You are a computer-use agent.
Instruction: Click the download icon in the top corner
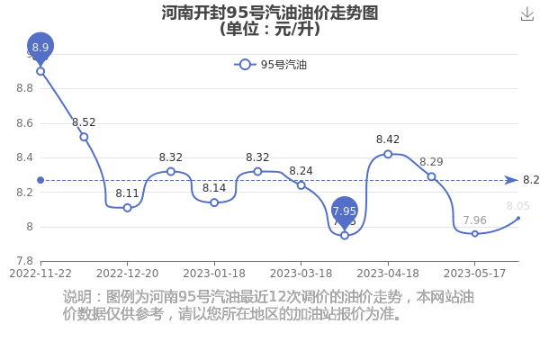(527, 14)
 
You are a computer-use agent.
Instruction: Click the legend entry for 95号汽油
(270, 65)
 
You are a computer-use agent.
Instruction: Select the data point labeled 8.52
(84, 137)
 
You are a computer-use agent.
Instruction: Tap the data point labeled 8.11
(128, 208)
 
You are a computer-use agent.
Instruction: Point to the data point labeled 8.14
(214, 202)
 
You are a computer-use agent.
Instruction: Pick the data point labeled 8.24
(301, 185)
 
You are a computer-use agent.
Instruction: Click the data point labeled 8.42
(388, 154)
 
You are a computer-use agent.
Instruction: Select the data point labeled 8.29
(431, 176)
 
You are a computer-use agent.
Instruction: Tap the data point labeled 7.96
(475, 234)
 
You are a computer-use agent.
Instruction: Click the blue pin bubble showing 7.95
(345, 211)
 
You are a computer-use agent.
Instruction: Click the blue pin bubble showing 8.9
(40, 47)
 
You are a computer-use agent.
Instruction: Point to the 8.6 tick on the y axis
(25, 123)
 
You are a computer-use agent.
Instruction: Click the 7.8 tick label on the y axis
(25, 261)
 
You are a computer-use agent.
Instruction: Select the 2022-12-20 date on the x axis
(128, 274)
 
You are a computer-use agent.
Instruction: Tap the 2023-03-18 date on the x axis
(301, 274)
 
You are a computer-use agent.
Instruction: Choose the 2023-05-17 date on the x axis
(474, 274)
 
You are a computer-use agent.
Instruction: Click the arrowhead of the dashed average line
(512, 180)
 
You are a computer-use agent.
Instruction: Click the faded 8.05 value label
(518, 206)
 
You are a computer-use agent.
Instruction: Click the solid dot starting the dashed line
(40, 180)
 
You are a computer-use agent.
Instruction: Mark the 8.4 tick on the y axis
(25, 157)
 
